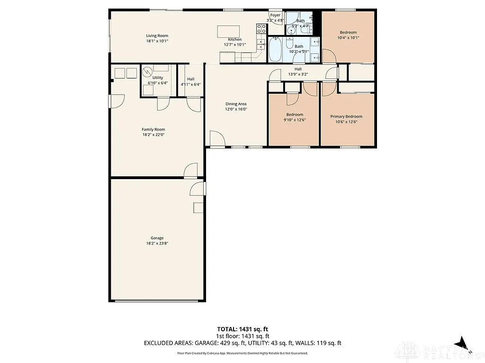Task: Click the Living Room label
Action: click(157, 36)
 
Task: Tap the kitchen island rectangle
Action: click(228, 31)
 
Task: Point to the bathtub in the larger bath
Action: click(275, 50)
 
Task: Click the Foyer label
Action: click(275, 15)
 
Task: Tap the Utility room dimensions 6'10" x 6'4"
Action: click(158, 83)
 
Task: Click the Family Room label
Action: click(153, 130)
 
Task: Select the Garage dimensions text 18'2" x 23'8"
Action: click(157, 243)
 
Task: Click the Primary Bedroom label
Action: click(346, 117)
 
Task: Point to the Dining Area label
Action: click(236, 104)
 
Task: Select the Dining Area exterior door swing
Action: click(217, 139)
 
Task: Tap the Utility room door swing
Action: click(163, 104)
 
